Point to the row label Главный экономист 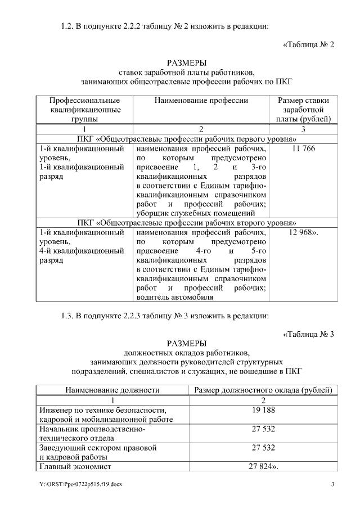click(x=75, y=466)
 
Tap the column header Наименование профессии click(x=200, y=100)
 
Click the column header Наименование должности click(x=112, y=390)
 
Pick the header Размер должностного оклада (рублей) click(x=263, y=390)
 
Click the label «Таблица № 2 click(x=308, y=45)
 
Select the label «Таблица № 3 click(x=308, y=334)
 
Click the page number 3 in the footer click(x=332, y=485)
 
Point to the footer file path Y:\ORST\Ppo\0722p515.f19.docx click(x=77, y=485)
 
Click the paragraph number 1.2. click(x=67, y=25)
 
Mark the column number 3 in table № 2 click(x=303, y=129)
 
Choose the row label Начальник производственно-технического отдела click(x=93, y=434)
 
